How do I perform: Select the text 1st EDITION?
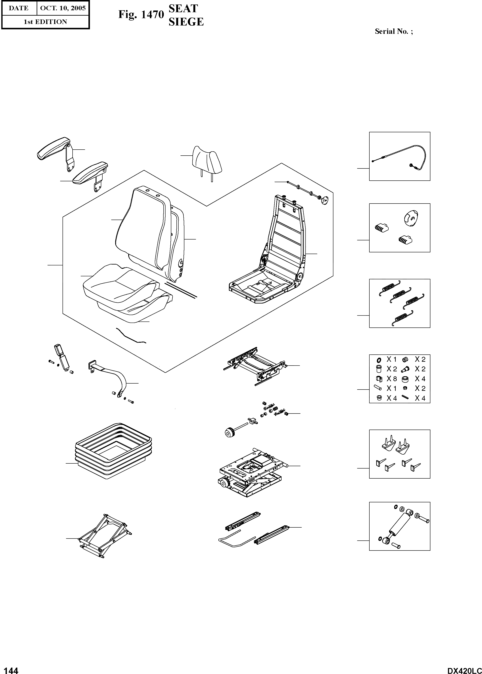pos(45,22)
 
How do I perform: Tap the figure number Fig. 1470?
pos(141,14)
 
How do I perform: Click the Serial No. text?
pos(394,31)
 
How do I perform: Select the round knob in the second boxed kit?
pos(410,218)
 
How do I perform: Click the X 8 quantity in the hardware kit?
pos(391,379)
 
